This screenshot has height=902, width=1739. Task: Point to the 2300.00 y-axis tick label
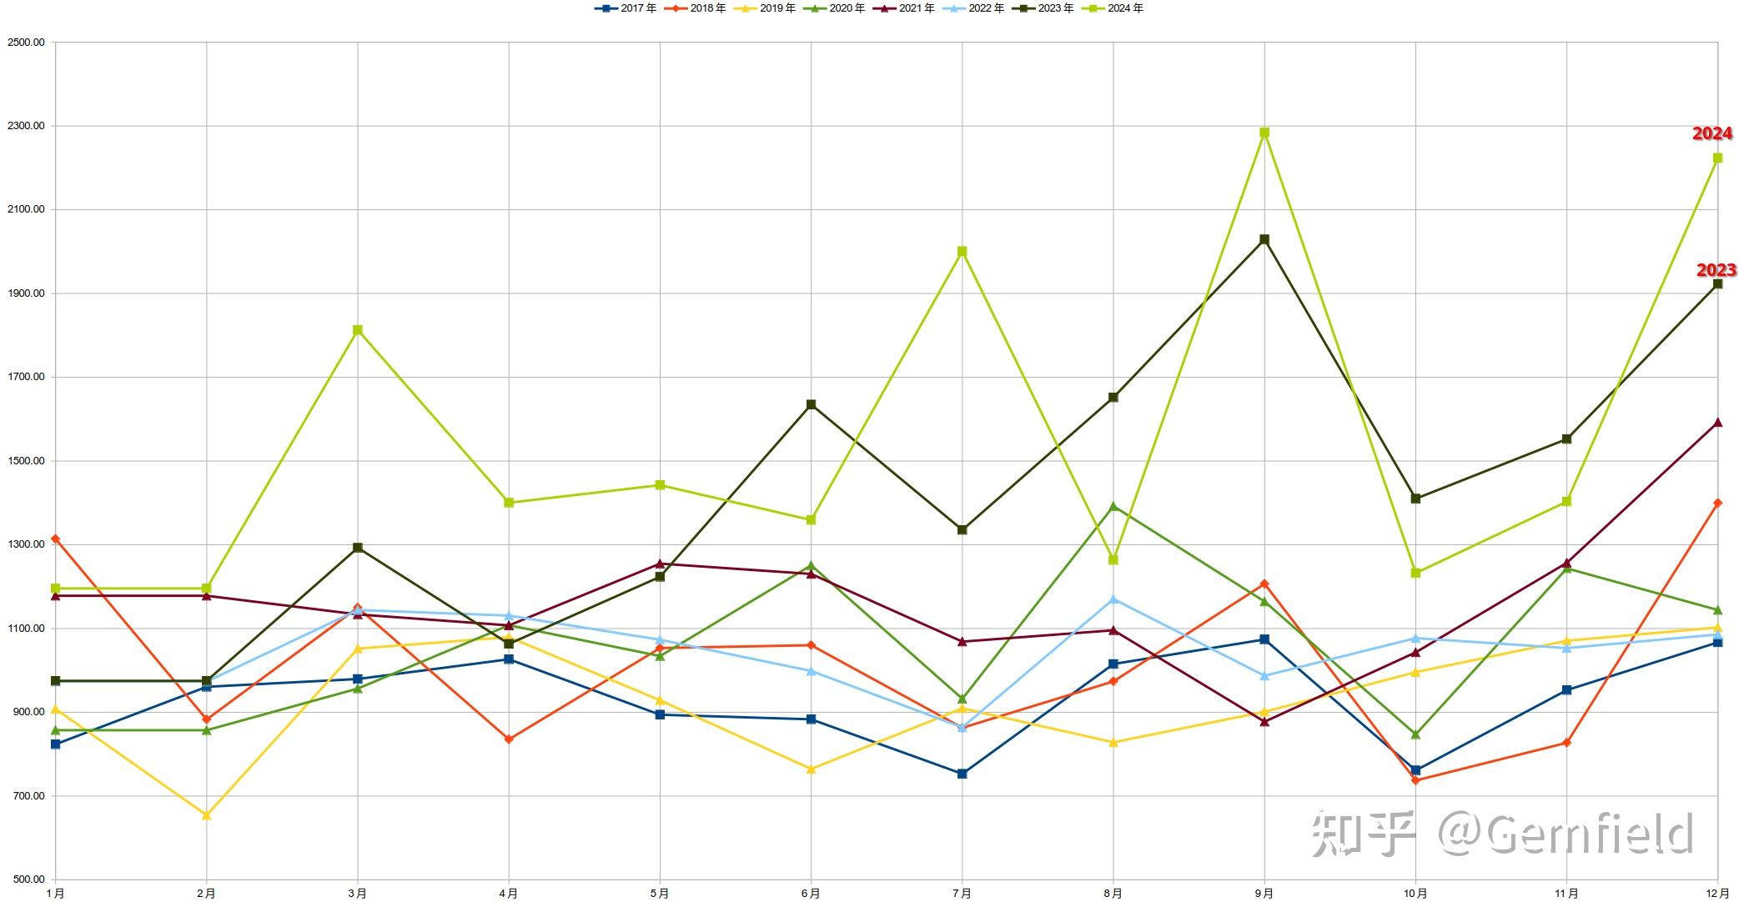tap(25, 126)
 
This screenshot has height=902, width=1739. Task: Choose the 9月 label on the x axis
tap(1264, 894)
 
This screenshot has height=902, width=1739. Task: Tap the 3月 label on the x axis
tap(357, 894)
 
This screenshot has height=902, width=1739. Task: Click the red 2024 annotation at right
tap(1711, 133)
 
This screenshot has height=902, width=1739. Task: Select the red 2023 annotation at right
tap(1716, 270)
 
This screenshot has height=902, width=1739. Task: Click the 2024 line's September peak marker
tap(1264, 133)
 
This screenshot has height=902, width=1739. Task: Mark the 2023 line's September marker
tap(1264, 240)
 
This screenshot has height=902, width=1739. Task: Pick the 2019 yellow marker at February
tap(207, 815)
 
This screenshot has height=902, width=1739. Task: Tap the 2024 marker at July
tap(962, 251)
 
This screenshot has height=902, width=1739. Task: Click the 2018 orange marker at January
tap(56, 539)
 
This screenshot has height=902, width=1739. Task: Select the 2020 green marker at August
tap(1113, 506)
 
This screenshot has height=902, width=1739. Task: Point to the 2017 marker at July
tap(962, 774)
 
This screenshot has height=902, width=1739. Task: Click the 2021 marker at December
tap(1717, 423)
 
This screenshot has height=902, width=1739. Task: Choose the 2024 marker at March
tap(358, 330)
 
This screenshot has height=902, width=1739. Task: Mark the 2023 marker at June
tap(811, 404)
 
